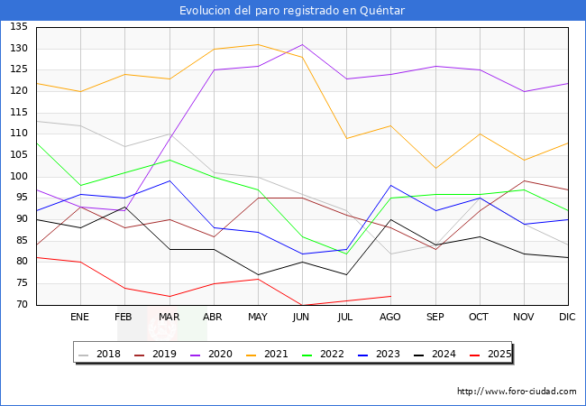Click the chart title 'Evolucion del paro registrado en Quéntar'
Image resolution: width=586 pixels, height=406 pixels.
click(x=292, y=10)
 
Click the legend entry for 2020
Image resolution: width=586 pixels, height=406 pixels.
click(x=220, y=354)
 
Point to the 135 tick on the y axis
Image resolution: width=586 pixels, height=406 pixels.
click(x=19, y=27)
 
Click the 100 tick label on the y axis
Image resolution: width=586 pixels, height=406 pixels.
click(x=19, y=177)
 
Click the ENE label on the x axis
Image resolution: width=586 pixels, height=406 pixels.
click(x=80, y=318)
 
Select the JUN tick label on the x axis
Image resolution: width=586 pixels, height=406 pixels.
click(x=302, y=318)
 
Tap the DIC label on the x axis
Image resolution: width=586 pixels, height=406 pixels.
click(x=567, y=318)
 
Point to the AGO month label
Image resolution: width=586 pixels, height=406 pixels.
click(x=390, y=318)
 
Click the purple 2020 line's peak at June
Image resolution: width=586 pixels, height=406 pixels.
click(x=302, y=44)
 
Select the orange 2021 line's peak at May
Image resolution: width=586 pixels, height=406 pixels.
click(x=258, y=44)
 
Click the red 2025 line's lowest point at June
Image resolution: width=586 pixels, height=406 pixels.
click(x=302, y=305)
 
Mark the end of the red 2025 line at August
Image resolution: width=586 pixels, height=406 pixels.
click(x=390, y=296)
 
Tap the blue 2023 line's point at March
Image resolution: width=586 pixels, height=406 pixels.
click(x=169, y=180)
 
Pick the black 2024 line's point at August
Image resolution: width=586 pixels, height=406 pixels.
click(x=390, y=219)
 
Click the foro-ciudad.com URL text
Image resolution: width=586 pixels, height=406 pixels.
click(x=517, y=392)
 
